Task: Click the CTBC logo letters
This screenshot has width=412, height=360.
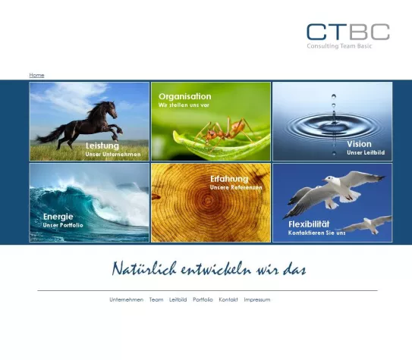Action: click(348, 32)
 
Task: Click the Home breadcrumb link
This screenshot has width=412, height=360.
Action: click(36, 75)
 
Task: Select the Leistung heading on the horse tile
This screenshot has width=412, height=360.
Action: click(102, 145)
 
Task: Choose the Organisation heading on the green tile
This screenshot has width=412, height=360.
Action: click(185, 96)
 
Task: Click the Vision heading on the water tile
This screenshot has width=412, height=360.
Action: click(359, 143)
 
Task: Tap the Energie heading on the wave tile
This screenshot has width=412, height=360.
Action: click(58, 216)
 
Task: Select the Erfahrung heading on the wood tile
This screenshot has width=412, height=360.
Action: click(229, 178)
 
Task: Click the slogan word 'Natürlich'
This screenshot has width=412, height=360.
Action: click(144, 269)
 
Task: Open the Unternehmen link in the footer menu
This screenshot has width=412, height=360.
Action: click(126, 299)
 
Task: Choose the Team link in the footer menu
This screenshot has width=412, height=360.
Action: click(156, 299)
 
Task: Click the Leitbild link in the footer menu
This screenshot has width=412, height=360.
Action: click(178, 299)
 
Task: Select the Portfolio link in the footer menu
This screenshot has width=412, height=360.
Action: click(203, 299)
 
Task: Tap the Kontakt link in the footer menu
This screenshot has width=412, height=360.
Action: click(228, 299)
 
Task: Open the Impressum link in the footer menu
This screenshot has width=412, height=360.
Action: click(256, 299)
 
